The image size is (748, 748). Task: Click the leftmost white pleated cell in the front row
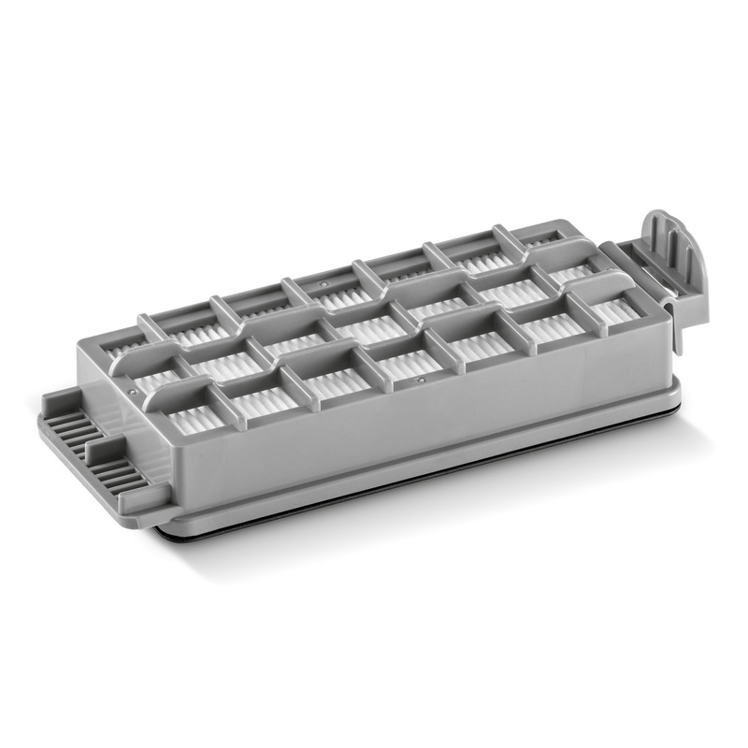coord(196,418)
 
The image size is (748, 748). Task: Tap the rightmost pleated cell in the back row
coord(538,241)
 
